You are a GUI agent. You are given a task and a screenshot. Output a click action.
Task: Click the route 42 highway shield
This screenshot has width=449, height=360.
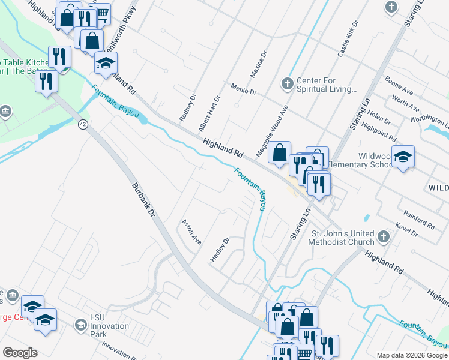click(x=83, y=124)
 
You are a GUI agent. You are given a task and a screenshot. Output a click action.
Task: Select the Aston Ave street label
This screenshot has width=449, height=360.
click(x=191, y=230)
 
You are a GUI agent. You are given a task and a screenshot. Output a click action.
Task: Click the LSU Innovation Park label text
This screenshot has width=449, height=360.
click(x=109, y=330)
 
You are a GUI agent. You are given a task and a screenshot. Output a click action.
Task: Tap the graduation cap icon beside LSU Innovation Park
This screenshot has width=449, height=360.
click(x=80, y=325)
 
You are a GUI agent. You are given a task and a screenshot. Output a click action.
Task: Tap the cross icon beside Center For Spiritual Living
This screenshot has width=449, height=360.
click(x=288, y=83)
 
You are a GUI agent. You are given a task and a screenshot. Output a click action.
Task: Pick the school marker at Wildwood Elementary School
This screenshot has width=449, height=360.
click(x=403, y=157)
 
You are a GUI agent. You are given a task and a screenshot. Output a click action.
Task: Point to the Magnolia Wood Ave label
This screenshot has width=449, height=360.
click(x=273, y=131)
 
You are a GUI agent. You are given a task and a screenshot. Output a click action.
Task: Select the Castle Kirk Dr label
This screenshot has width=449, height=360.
click(x=348, y=39)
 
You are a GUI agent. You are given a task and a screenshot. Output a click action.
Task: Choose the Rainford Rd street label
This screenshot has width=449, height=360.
click(x=419, y=218)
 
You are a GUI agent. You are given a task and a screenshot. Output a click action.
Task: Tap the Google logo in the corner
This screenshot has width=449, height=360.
click(x=20, y=353)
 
